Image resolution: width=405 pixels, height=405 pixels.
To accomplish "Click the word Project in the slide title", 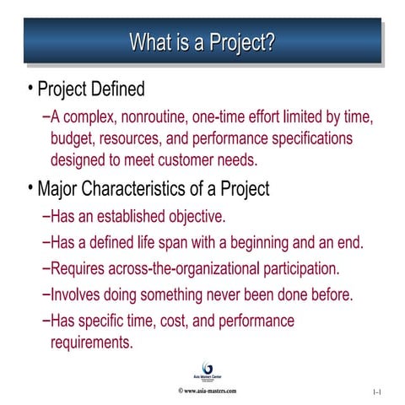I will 240,42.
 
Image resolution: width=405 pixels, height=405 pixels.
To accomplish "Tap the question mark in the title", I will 270,41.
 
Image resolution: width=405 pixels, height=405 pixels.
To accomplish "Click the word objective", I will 195,216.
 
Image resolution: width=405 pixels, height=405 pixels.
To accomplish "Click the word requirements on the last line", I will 92,343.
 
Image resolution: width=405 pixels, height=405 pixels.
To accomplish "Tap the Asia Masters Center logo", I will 202,370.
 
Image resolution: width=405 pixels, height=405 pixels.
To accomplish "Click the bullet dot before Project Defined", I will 30,88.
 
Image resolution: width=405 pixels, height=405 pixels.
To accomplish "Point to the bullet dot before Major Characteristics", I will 30,187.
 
